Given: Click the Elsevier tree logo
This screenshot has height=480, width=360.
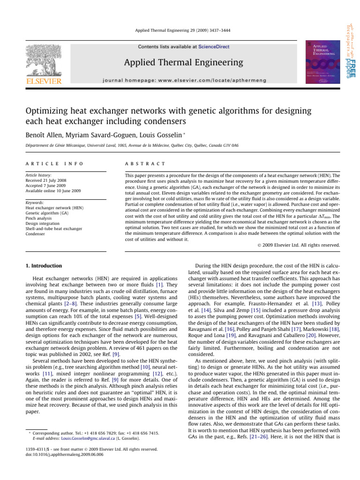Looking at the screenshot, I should [x=43, y=61].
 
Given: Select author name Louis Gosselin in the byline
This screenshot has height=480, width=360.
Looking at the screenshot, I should [x=157, y=135].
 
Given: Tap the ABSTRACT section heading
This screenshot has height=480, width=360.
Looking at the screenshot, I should [x=142, y=164].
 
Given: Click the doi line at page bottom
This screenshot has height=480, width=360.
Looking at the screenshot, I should [x=58, y=454].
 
